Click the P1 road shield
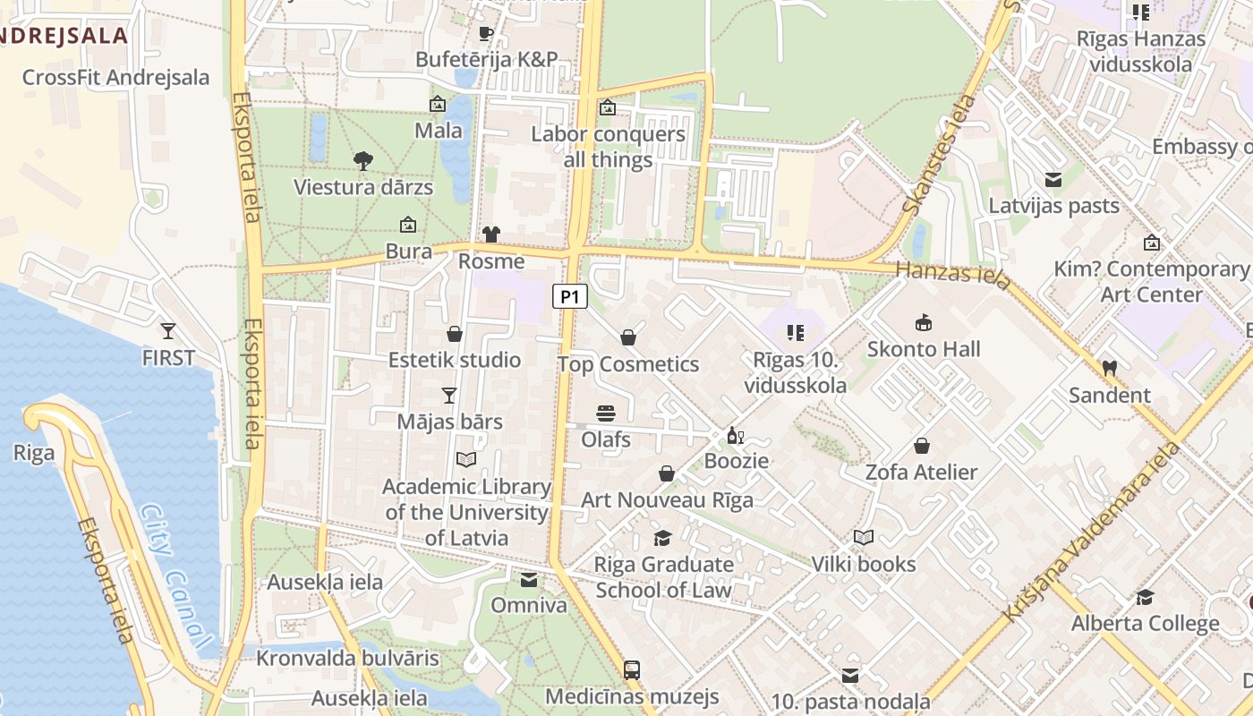tap(570, 296)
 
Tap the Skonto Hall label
tap(924, 349)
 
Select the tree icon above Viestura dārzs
tap(362, 161)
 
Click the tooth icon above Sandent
tap(1109, 368)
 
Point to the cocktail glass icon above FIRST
tap(167, 330)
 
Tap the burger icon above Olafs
tap(606, 413)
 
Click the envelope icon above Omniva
tap(529, 579)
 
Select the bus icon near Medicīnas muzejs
tap(632, 669)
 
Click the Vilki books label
tap(864, 564)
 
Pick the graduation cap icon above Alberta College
tap(1145, 597)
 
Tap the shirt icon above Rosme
tap(490, 234)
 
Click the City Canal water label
tap(176, 576)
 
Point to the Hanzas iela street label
tap(954, 275)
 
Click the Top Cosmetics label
tap(628, 364)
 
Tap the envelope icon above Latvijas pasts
tap(1053, 180)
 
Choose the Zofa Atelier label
tap(921, 472)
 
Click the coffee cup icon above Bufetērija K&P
tap(486, 34)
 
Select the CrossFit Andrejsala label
tap(115, 78)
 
